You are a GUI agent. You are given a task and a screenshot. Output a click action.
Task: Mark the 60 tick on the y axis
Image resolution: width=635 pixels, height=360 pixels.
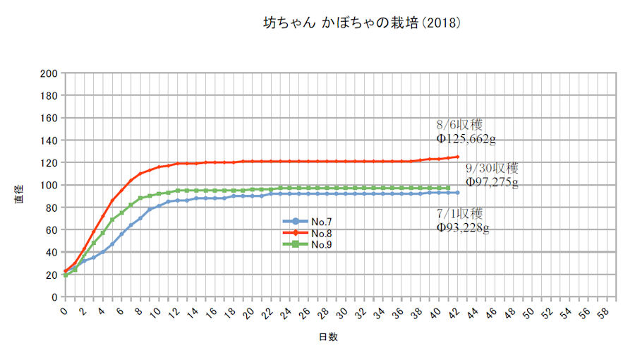point(52,230)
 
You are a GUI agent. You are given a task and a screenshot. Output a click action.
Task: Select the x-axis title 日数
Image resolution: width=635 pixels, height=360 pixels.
point(327,337)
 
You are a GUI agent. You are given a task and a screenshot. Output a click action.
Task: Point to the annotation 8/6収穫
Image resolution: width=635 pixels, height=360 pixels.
point(460,125)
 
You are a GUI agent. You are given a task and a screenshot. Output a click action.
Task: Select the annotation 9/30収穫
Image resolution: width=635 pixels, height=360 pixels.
point(492,169)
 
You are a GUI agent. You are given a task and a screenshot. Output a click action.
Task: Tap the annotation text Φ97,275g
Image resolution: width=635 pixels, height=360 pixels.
point(492,183)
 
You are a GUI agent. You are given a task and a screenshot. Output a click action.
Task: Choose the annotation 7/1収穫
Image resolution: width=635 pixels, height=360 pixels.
point(460,213)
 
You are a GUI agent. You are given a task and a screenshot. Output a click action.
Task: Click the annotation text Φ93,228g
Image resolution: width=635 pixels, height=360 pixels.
point(464,227)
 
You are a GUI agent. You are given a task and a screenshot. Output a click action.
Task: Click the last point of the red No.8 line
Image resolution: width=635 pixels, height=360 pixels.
point(458,157)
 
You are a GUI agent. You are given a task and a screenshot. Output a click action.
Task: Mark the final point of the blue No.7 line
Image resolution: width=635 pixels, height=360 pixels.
point(458,193)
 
